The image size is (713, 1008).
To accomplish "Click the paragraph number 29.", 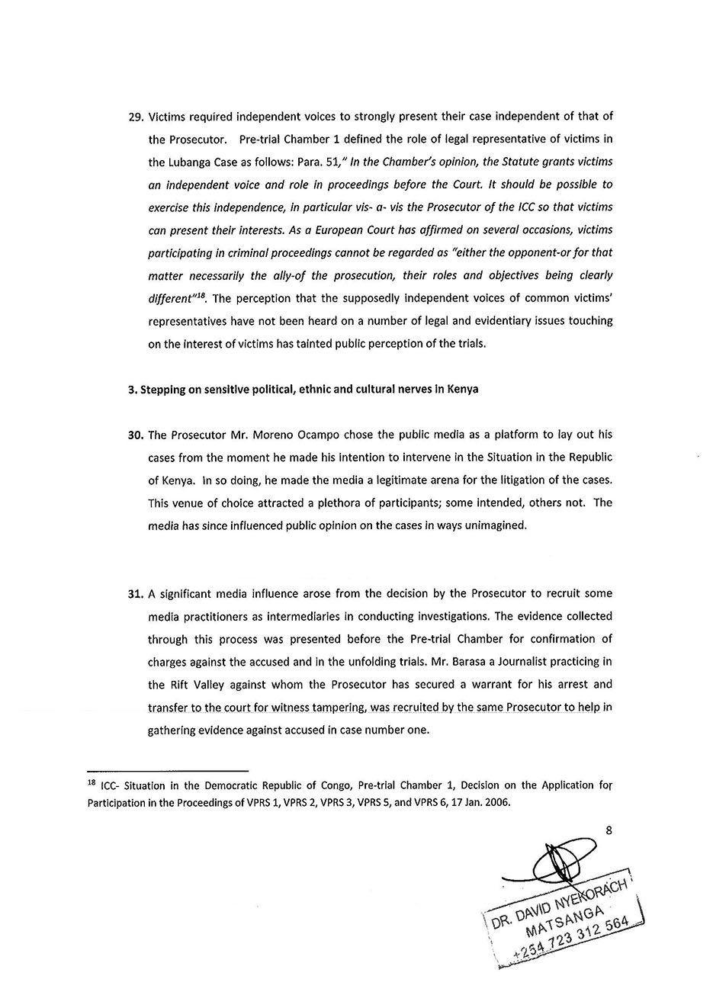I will pos(135,117).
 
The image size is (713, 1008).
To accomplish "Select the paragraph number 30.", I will pos(135,435).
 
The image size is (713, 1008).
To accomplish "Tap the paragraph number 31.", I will pos(135,593).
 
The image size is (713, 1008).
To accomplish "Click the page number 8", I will pos(609,831).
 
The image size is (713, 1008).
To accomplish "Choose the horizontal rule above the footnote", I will pos(168,770).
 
